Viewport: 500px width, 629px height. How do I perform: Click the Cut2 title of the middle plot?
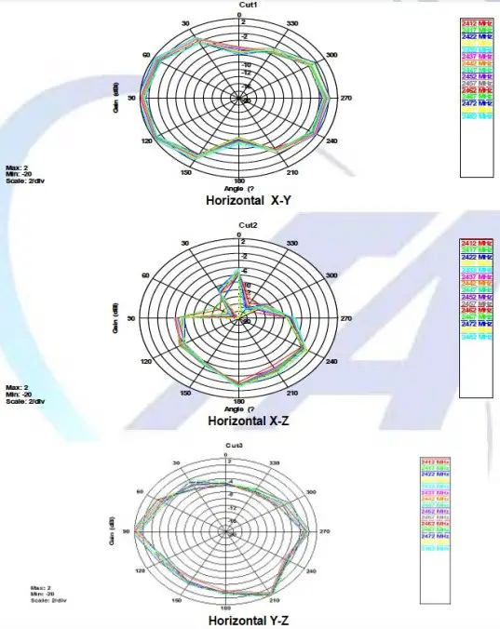point(248,225)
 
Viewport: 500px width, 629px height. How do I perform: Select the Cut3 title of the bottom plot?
point(234,448)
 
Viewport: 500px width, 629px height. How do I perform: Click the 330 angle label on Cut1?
point(293,23)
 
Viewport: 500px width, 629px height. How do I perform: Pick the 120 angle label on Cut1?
point(146,141)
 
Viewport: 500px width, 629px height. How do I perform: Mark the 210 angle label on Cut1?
point(292,172)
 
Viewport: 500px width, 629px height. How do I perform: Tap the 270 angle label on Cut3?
point(324,531)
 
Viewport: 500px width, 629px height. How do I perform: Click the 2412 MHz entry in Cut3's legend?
point(435,462)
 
